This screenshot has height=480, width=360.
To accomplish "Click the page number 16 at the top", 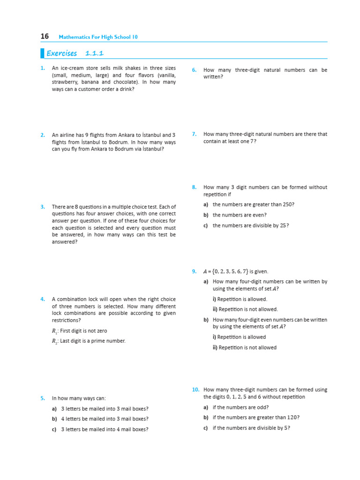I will (45, 36).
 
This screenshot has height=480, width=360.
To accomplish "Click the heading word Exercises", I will (62, 53).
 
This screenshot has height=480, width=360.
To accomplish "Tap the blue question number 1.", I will (43, 68).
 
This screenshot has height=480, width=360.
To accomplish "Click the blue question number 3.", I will (43, 207).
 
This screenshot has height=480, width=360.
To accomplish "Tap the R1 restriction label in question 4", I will (54, 331).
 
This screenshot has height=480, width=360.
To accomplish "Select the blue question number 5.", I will (43, 398).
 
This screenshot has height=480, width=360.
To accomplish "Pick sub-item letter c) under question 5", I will (54, 429).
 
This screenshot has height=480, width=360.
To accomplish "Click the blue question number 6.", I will (194, 70).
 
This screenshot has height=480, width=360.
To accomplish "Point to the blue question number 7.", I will (194, 134).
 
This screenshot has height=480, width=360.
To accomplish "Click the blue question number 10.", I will (195, 390).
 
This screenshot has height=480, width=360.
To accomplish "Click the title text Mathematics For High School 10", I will (98, 37).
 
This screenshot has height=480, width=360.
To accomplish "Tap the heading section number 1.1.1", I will (94, 53).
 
